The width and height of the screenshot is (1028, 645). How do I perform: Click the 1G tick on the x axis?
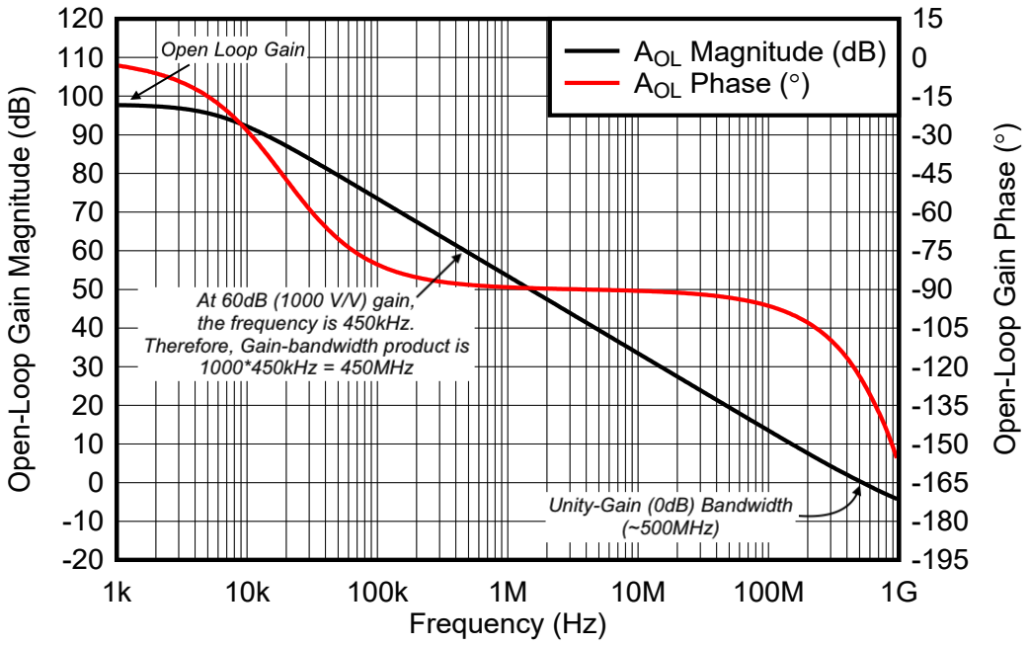tap(897, 593)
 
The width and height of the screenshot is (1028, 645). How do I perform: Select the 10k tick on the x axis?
tap(247, 593)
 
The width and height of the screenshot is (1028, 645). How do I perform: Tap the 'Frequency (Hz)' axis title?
tap(508, 624)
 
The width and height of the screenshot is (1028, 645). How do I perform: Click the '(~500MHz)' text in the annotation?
tap(671, 528)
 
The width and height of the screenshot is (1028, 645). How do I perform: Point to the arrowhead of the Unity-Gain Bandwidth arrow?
tap(860, 487)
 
